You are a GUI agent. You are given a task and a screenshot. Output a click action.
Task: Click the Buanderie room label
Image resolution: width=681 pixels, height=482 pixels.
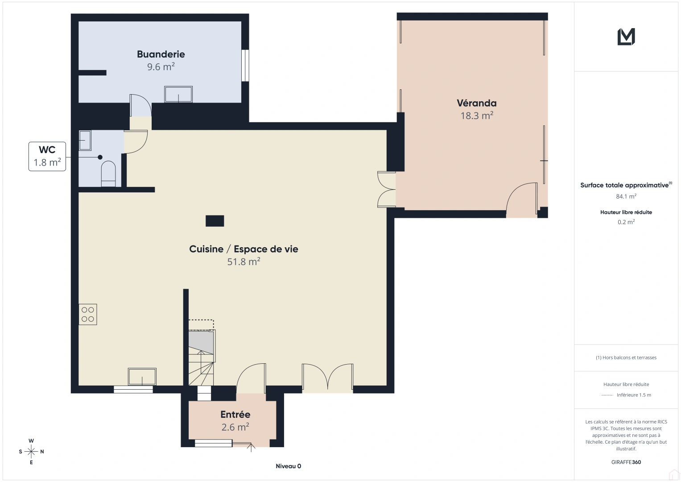161,54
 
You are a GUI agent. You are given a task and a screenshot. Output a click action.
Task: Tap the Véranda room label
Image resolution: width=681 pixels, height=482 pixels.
476,103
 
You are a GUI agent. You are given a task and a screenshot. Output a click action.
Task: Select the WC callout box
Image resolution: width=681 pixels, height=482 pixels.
47,156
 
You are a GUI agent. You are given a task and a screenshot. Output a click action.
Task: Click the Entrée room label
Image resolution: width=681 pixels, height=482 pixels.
235,415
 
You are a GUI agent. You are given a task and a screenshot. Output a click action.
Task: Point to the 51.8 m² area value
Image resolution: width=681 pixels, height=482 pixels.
244,262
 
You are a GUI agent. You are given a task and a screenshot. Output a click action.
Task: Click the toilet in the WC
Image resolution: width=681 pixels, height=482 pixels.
108,174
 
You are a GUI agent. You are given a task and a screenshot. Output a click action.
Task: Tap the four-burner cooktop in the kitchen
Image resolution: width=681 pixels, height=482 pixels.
88,314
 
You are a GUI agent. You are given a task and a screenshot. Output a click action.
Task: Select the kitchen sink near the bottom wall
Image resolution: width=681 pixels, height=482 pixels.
142,377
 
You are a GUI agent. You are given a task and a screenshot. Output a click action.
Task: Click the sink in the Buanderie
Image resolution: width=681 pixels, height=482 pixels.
178,95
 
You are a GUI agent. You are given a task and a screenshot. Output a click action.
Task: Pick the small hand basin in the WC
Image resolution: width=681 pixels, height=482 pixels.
85,140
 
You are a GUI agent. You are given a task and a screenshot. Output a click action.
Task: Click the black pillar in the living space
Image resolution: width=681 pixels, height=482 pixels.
215,221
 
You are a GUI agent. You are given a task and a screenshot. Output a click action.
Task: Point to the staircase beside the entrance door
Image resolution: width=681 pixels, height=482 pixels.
201,357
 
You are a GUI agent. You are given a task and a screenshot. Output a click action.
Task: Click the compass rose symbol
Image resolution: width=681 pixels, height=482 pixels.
31,452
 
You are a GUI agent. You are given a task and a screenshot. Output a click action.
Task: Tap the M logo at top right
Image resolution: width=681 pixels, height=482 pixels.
626,37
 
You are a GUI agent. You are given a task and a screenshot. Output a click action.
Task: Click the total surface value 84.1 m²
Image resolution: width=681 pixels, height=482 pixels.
626,196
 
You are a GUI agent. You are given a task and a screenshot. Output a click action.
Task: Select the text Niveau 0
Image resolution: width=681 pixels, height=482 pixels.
288,466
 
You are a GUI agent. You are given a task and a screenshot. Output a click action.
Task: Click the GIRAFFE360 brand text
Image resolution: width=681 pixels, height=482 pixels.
626,462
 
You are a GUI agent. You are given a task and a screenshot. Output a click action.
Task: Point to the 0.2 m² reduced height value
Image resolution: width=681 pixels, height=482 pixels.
626,222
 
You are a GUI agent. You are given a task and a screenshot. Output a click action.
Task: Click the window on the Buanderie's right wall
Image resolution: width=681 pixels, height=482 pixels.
245,66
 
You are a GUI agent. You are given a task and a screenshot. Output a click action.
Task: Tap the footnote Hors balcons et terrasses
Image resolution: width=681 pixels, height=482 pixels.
626,357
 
